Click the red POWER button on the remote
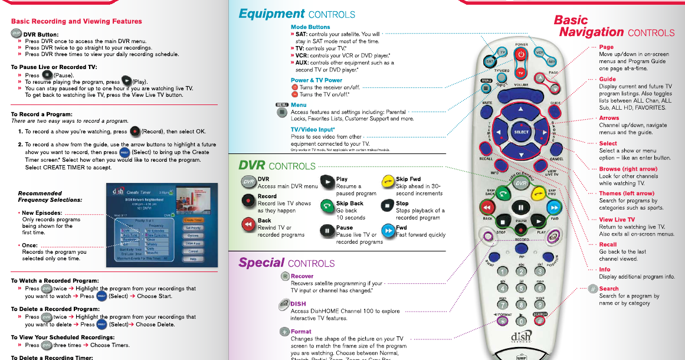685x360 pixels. click(521, 54)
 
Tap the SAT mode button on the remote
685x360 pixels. click(490, 61)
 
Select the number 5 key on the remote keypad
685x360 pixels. click(521, 289)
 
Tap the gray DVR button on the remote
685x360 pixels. click(521, 184)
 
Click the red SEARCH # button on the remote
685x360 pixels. click(539, 322)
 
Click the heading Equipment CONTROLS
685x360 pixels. click(297, 14)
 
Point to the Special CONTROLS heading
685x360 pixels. click(287, 263)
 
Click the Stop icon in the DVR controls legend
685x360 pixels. click(386, 205)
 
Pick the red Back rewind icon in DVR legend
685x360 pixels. click(248, 224)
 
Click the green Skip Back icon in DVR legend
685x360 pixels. click(327, 205)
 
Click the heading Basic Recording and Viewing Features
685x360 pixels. click(76, 21)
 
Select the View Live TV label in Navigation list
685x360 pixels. click(617, 220)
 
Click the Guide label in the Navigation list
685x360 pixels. click(607, 79)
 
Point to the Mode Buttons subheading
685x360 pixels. click(310, 27)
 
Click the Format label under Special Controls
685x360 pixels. click(301, 332)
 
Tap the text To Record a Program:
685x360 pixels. click(42, 114)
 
